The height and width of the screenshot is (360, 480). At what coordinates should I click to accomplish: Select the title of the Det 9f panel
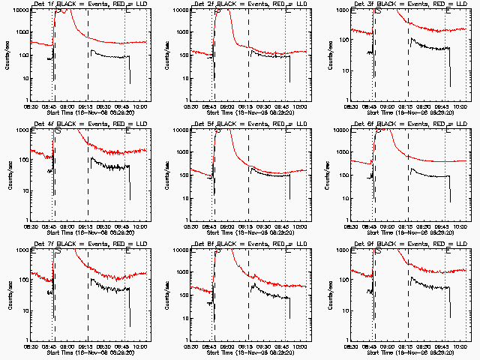[409, 244]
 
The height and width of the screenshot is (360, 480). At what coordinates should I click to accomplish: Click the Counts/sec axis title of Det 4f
[6, 175]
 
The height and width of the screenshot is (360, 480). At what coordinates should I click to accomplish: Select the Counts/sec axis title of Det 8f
[166, 295]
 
